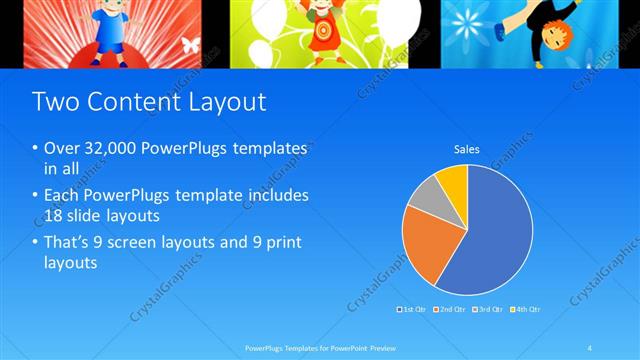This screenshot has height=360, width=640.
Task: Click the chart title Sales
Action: pyautogui.click(x=467, y=150)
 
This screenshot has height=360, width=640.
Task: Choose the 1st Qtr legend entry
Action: pyautogui.click(x=413, y=309)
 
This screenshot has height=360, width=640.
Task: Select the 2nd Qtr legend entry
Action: pyautogui.click(x=449, y=309)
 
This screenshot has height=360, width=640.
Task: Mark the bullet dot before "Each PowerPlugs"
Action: pyautogui.click(x=37, y=196)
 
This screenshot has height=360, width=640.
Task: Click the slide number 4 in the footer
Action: pyautogui.click(x=590, y=347)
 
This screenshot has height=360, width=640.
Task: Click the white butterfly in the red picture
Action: pyautogui.click(x=190, y=45)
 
